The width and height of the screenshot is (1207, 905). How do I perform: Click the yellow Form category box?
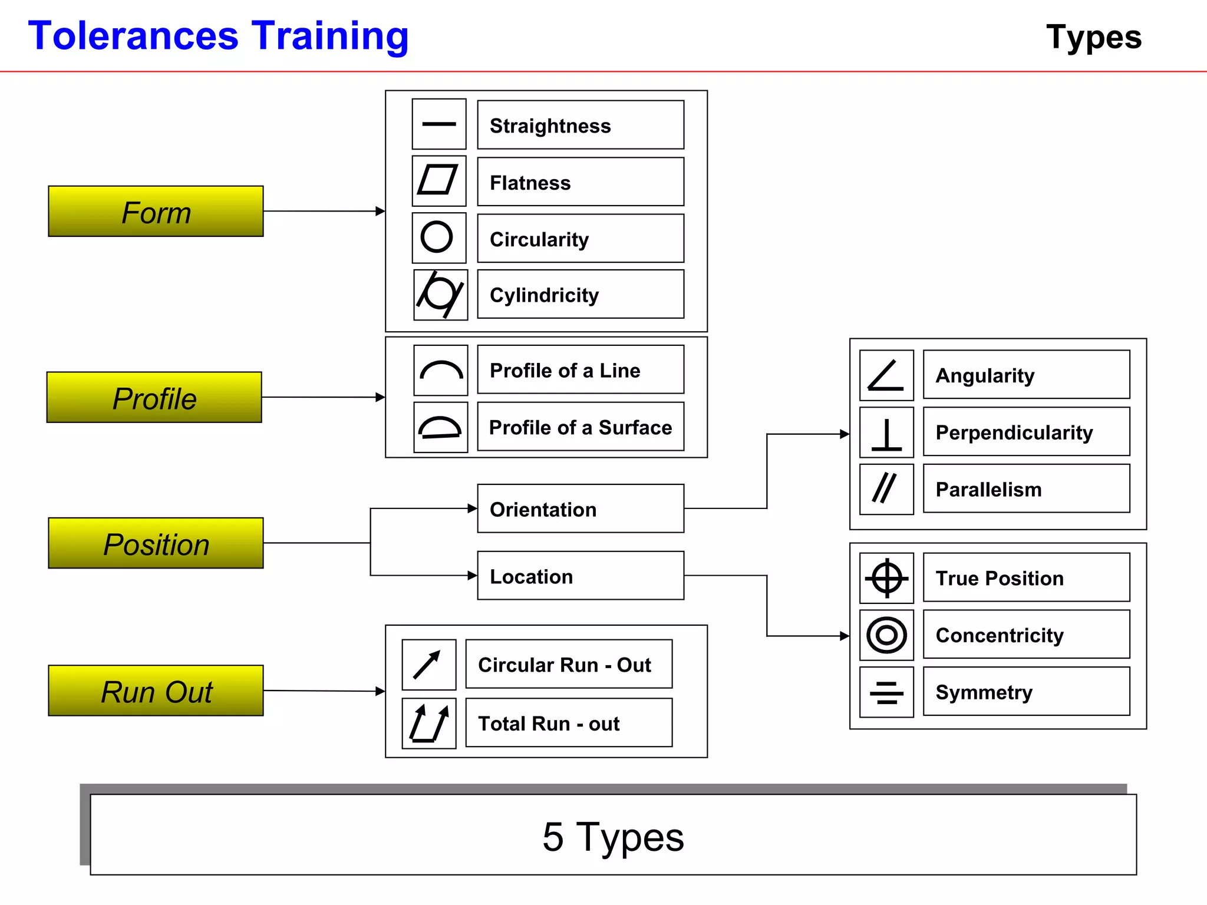tap(156, 212)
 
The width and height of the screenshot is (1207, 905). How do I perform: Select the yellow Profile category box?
tap(154, 397)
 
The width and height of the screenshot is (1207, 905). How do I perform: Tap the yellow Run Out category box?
tap(156, 691)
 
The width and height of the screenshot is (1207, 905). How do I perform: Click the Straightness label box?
tap(580, 125)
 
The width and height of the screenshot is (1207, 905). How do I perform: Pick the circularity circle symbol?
tap(437, 237)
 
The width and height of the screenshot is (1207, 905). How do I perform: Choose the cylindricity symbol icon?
tap(440, 295)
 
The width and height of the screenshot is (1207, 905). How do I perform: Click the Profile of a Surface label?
tap(580, 427)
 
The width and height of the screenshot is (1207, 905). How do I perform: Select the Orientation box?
tap(580, 509)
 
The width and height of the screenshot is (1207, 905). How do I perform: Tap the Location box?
tap(580, 576)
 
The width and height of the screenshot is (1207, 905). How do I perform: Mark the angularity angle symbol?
tap(886, 375)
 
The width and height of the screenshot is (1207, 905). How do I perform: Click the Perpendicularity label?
tap(1025, 432)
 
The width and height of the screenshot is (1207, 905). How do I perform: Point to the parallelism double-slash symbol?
tap(885, 488)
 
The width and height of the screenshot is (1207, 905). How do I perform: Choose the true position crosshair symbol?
tap(886, 578)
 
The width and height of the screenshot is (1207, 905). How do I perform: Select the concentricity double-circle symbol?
tap(886, 635)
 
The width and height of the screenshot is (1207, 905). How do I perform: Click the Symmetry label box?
tap(1025, 692)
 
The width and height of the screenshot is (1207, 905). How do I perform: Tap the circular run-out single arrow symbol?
tap(428, 665)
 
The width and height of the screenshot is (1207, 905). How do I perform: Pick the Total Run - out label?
tap(568, 723)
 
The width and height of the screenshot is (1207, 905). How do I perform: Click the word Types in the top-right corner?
tap(1094, 37)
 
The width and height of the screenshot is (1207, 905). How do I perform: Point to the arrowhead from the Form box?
tap(380, 211)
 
